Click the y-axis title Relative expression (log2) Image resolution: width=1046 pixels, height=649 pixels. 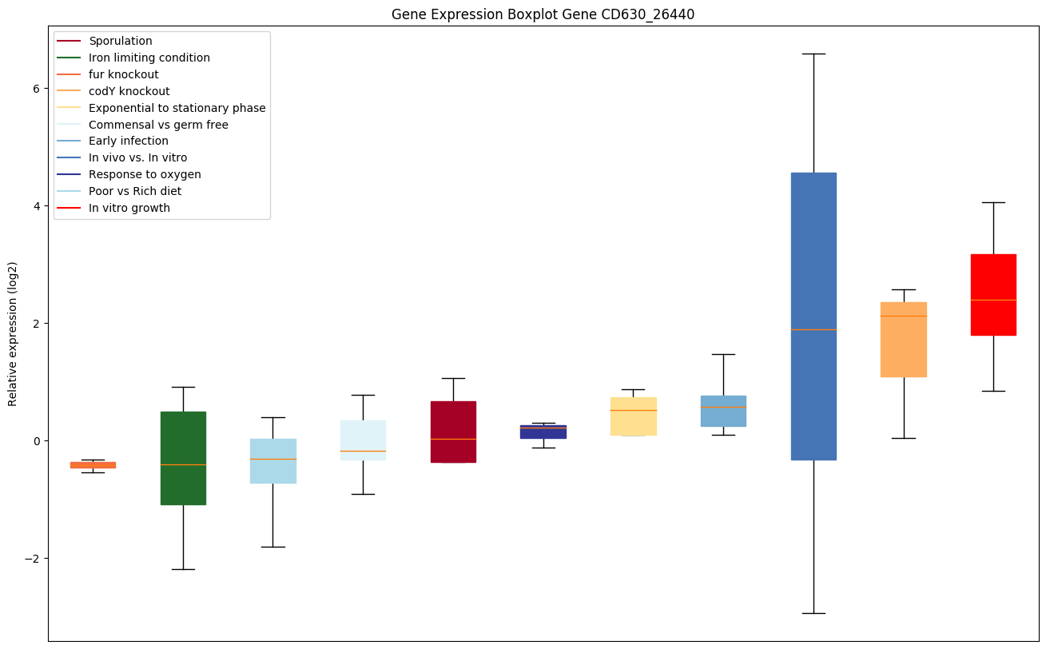click(x=13, y=333)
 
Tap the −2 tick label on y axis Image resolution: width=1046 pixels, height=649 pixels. click(x=34, y=559)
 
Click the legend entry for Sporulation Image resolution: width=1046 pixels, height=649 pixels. click(x=121, y=41)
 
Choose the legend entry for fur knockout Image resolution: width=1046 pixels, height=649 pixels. click(x=124, y=74)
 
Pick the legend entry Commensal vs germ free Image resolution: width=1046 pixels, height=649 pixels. click(x=158, y=125)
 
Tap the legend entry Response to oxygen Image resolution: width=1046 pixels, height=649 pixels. click(x=145, y=174)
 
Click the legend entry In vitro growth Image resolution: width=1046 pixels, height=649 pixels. click(x=129, y=208)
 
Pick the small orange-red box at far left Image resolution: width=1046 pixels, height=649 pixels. click(x=93, y=464)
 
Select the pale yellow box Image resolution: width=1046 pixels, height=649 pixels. click(x=633, y=416)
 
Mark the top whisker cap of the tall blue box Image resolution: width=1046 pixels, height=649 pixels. click(x=813, y=54)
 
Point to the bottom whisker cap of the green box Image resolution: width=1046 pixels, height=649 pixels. click(x=183, y=569)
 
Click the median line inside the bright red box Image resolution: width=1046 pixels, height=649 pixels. click(x=993, y=300)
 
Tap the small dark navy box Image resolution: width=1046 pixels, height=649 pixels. click(x=543, y=432)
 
